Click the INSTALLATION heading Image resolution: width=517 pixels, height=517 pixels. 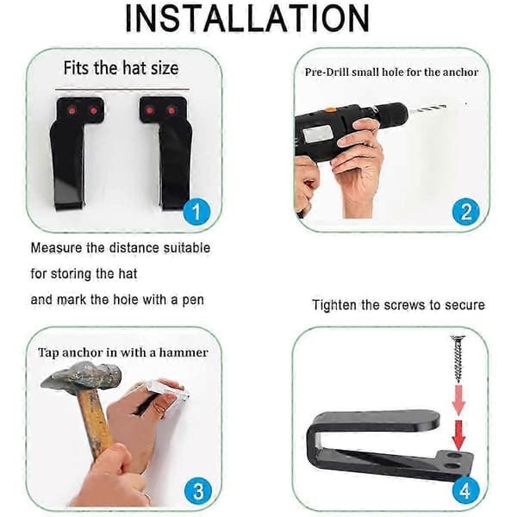247,18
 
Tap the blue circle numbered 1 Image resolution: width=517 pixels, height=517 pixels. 196,212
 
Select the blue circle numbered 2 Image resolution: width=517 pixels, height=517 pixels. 465,212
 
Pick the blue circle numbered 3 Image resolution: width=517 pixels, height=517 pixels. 198,491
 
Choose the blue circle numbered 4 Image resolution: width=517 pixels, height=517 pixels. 465,491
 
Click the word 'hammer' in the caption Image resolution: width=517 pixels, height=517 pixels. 184,352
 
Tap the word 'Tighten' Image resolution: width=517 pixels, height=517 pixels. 334,305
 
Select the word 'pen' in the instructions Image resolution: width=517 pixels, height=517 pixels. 193,301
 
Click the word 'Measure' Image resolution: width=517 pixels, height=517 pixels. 56,248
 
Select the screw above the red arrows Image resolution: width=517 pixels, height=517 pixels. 458,358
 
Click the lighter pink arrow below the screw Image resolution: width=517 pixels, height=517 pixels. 458,401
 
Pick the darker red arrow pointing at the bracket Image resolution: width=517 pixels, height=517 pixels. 458,434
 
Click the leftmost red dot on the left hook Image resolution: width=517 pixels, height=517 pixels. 73,110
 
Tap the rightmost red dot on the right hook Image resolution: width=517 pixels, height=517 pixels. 171,110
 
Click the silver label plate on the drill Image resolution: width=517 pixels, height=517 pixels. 317,134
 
